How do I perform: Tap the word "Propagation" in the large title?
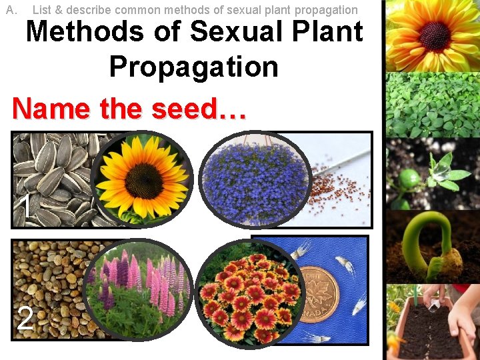193,67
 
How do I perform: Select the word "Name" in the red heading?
50,109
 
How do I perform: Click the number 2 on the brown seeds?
25,319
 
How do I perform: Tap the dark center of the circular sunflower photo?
143,177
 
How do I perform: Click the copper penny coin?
317,293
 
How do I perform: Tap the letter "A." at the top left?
11,10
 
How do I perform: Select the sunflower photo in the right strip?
431,35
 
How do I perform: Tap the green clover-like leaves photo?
431,105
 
